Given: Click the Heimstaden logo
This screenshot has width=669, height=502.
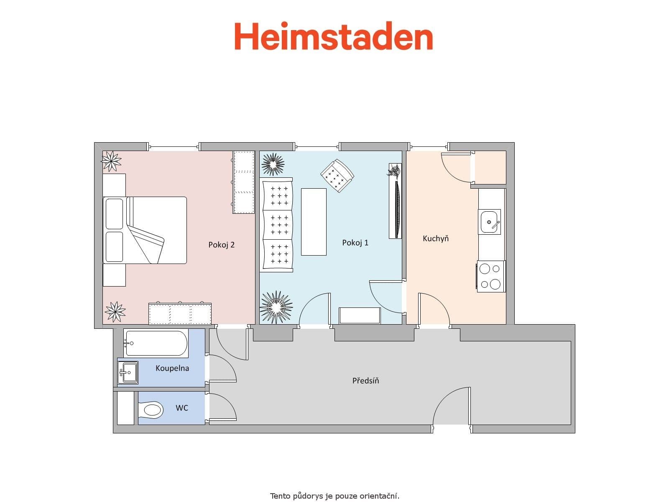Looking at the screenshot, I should pyautogui.click(x=333, y=36).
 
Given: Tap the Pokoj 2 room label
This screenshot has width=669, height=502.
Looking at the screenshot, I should pyautogui.click(x=221, y=245).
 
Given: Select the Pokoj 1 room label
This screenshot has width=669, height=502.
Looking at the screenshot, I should pyautogui.click(x=355, y=243).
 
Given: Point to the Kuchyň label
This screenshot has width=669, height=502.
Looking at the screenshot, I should pyautogui.click(x=435, y=238).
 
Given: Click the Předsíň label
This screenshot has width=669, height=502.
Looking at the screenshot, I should pyautogui.click(x=365, y=381).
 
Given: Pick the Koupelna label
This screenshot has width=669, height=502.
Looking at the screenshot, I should pyautogui.click(x=172, y=368).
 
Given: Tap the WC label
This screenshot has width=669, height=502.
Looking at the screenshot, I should pyautogui.click(x=181, y=408).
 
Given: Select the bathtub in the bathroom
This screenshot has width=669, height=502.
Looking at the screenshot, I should pyautogui.click(x=156, y=343).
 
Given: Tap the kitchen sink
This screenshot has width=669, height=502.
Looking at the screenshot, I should pyautogui.click(x=489, y=222).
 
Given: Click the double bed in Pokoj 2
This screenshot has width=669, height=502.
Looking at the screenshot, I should pyautogui.click(x=145, y=230).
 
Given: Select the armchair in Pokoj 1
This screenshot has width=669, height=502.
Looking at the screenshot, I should pyautogui.click(x=337, y=176).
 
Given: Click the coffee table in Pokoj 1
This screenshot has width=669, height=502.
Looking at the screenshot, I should pyautogui.click(x=314, y=222).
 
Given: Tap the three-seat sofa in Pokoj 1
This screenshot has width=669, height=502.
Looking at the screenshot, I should pyautogui.click(x=276, y=225).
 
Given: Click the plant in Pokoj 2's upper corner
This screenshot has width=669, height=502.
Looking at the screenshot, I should pyautogui.click(x=111, y=161).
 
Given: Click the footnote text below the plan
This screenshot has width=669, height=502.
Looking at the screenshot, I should pyautogui.click(x=334, y=496).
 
